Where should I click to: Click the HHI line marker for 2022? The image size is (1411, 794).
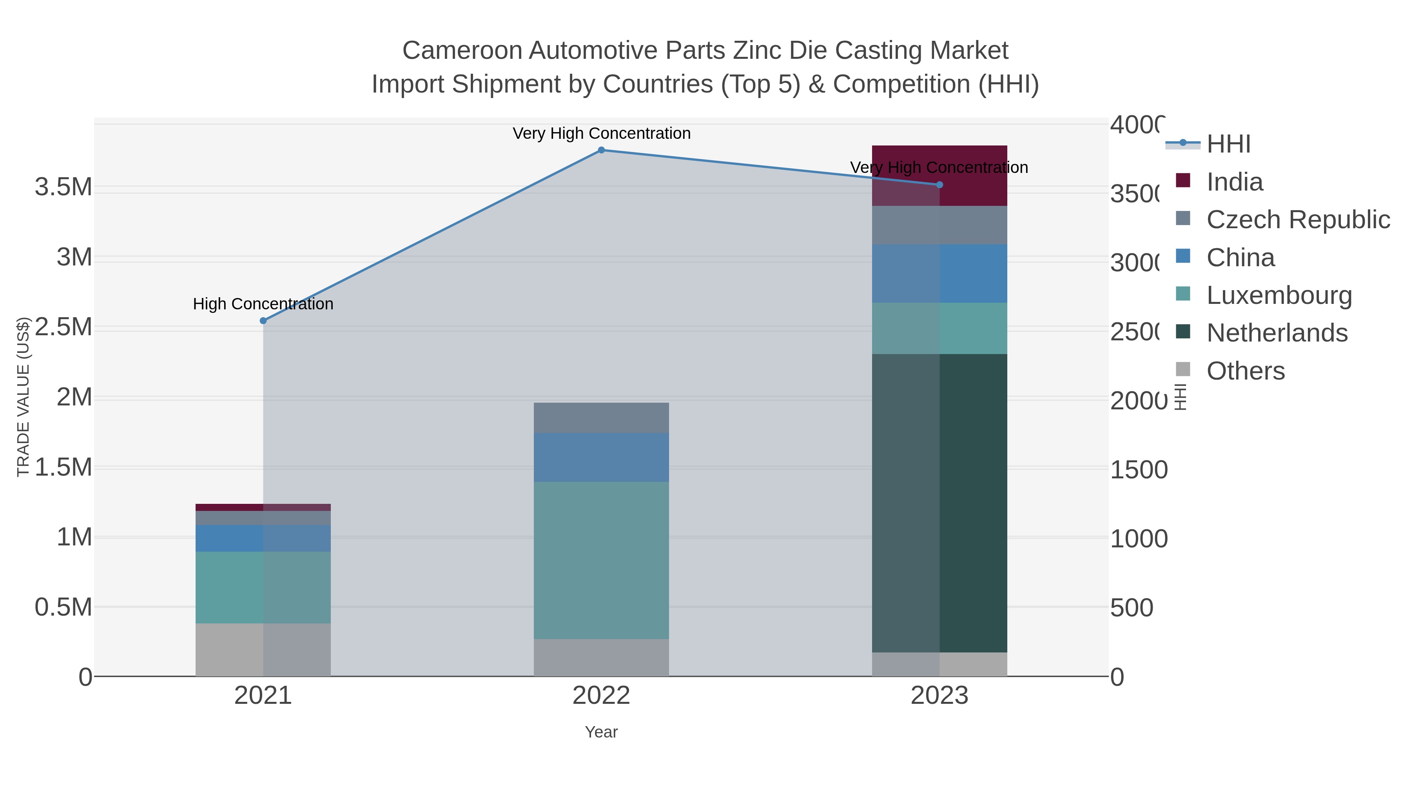tap(601, 150)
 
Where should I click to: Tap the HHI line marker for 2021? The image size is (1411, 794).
tap(263, 321)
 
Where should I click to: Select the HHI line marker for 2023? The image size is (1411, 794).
tap(939, 185)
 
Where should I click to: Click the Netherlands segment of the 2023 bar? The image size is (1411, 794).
tap(939, 503)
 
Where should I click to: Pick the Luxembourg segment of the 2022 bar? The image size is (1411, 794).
tap(601, 560)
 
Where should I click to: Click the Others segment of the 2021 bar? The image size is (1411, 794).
tap(263, 649)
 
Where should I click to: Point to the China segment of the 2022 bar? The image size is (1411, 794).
tap(601, 457)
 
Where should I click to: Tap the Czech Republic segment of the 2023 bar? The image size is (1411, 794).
tap(939, 225)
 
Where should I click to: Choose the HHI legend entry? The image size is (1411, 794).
tap(1228, 144)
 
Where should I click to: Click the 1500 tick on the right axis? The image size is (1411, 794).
tap(1139, 470)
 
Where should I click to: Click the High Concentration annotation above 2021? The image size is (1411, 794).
tap(263, 303)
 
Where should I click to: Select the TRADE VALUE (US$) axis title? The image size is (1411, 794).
tap(23, 397)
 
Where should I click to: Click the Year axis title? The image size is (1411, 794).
tap(601, 732)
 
